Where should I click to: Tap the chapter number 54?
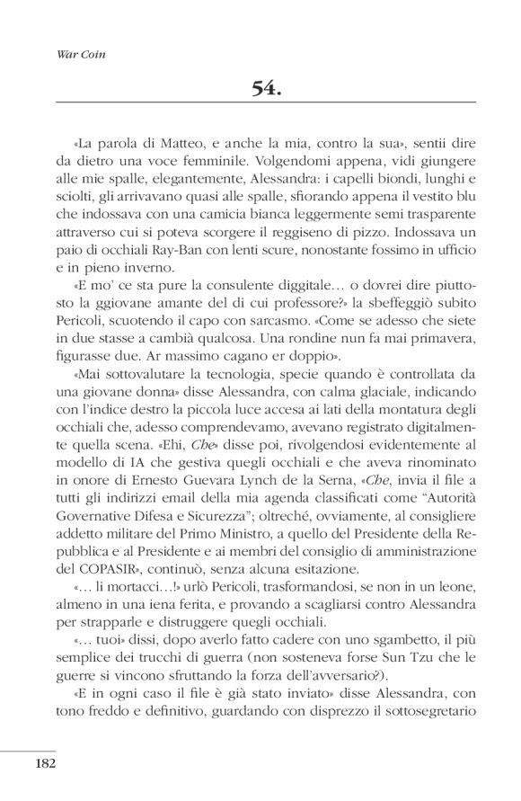pos(267,89)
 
